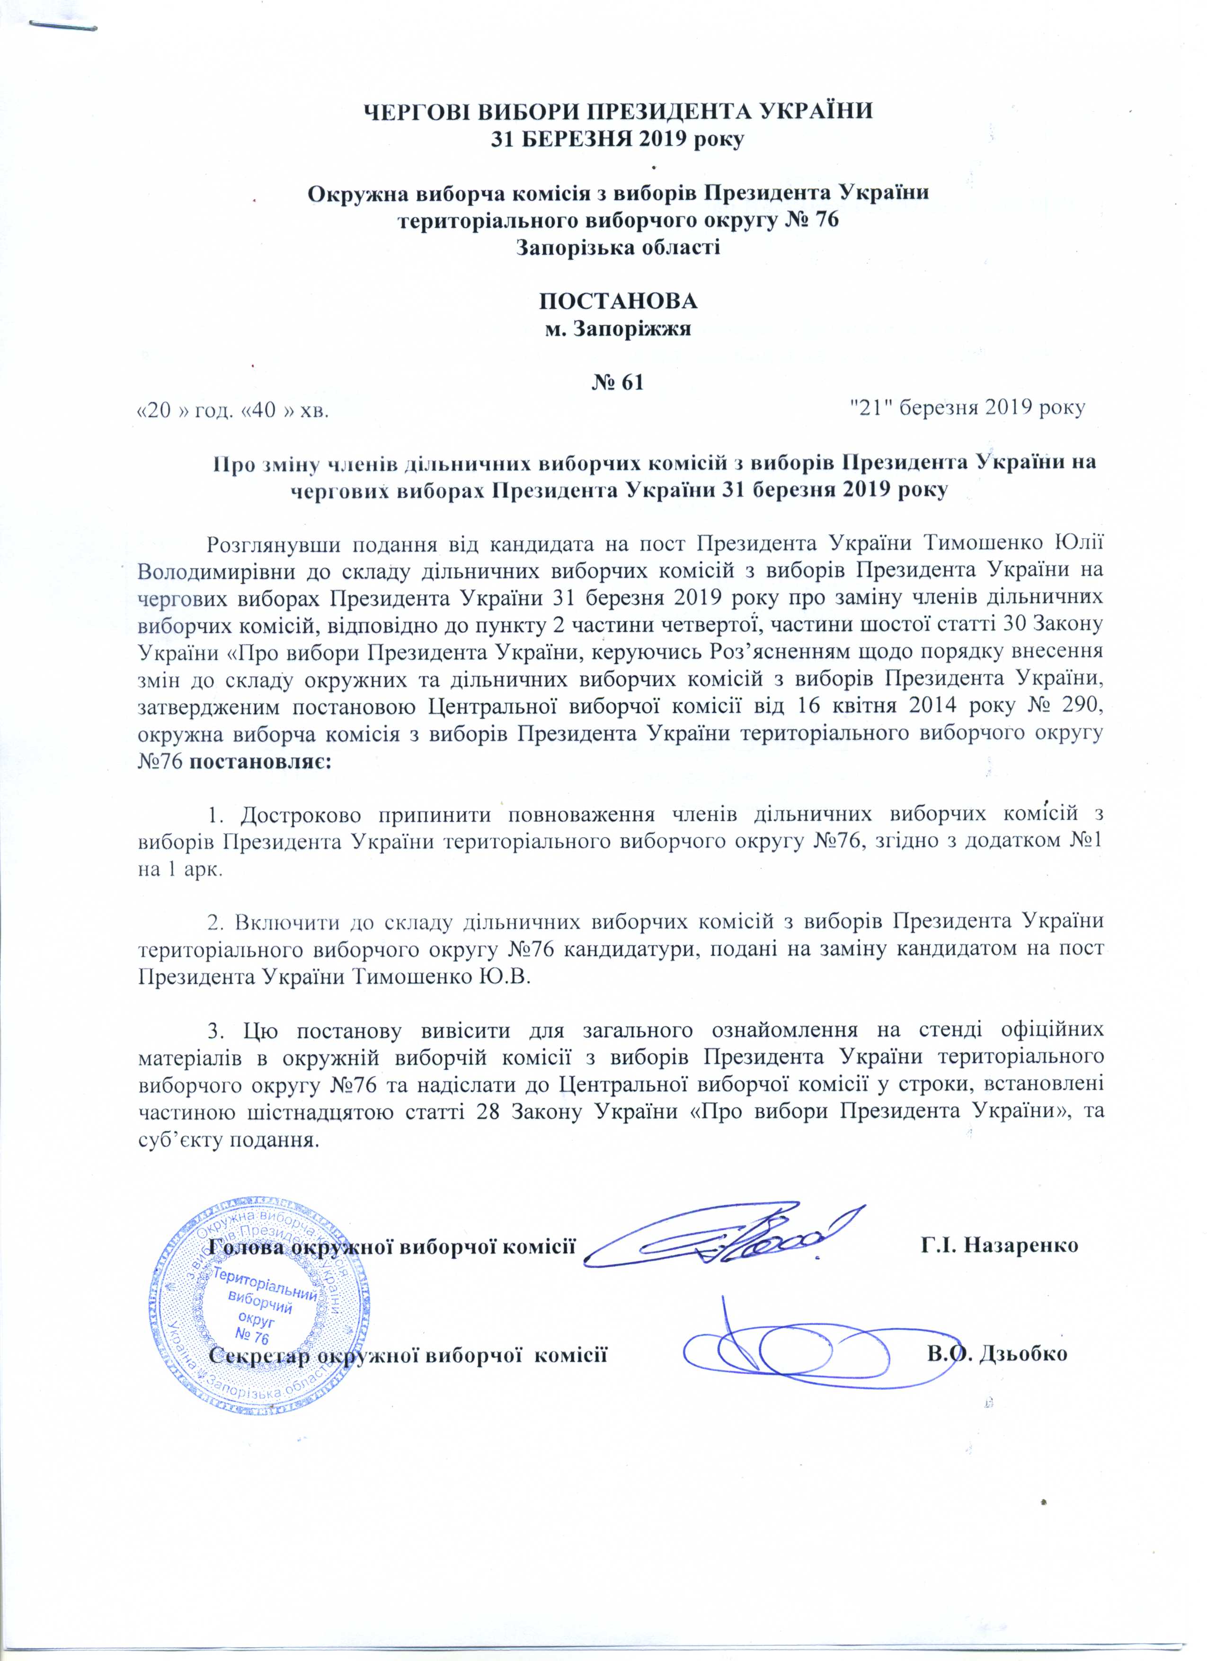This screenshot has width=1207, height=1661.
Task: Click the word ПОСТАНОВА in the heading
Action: pyautogui.click(x=617, y=302)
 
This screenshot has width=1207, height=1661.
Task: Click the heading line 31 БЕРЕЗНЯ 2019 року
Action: pyautogui.click(x=617, y=139)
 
